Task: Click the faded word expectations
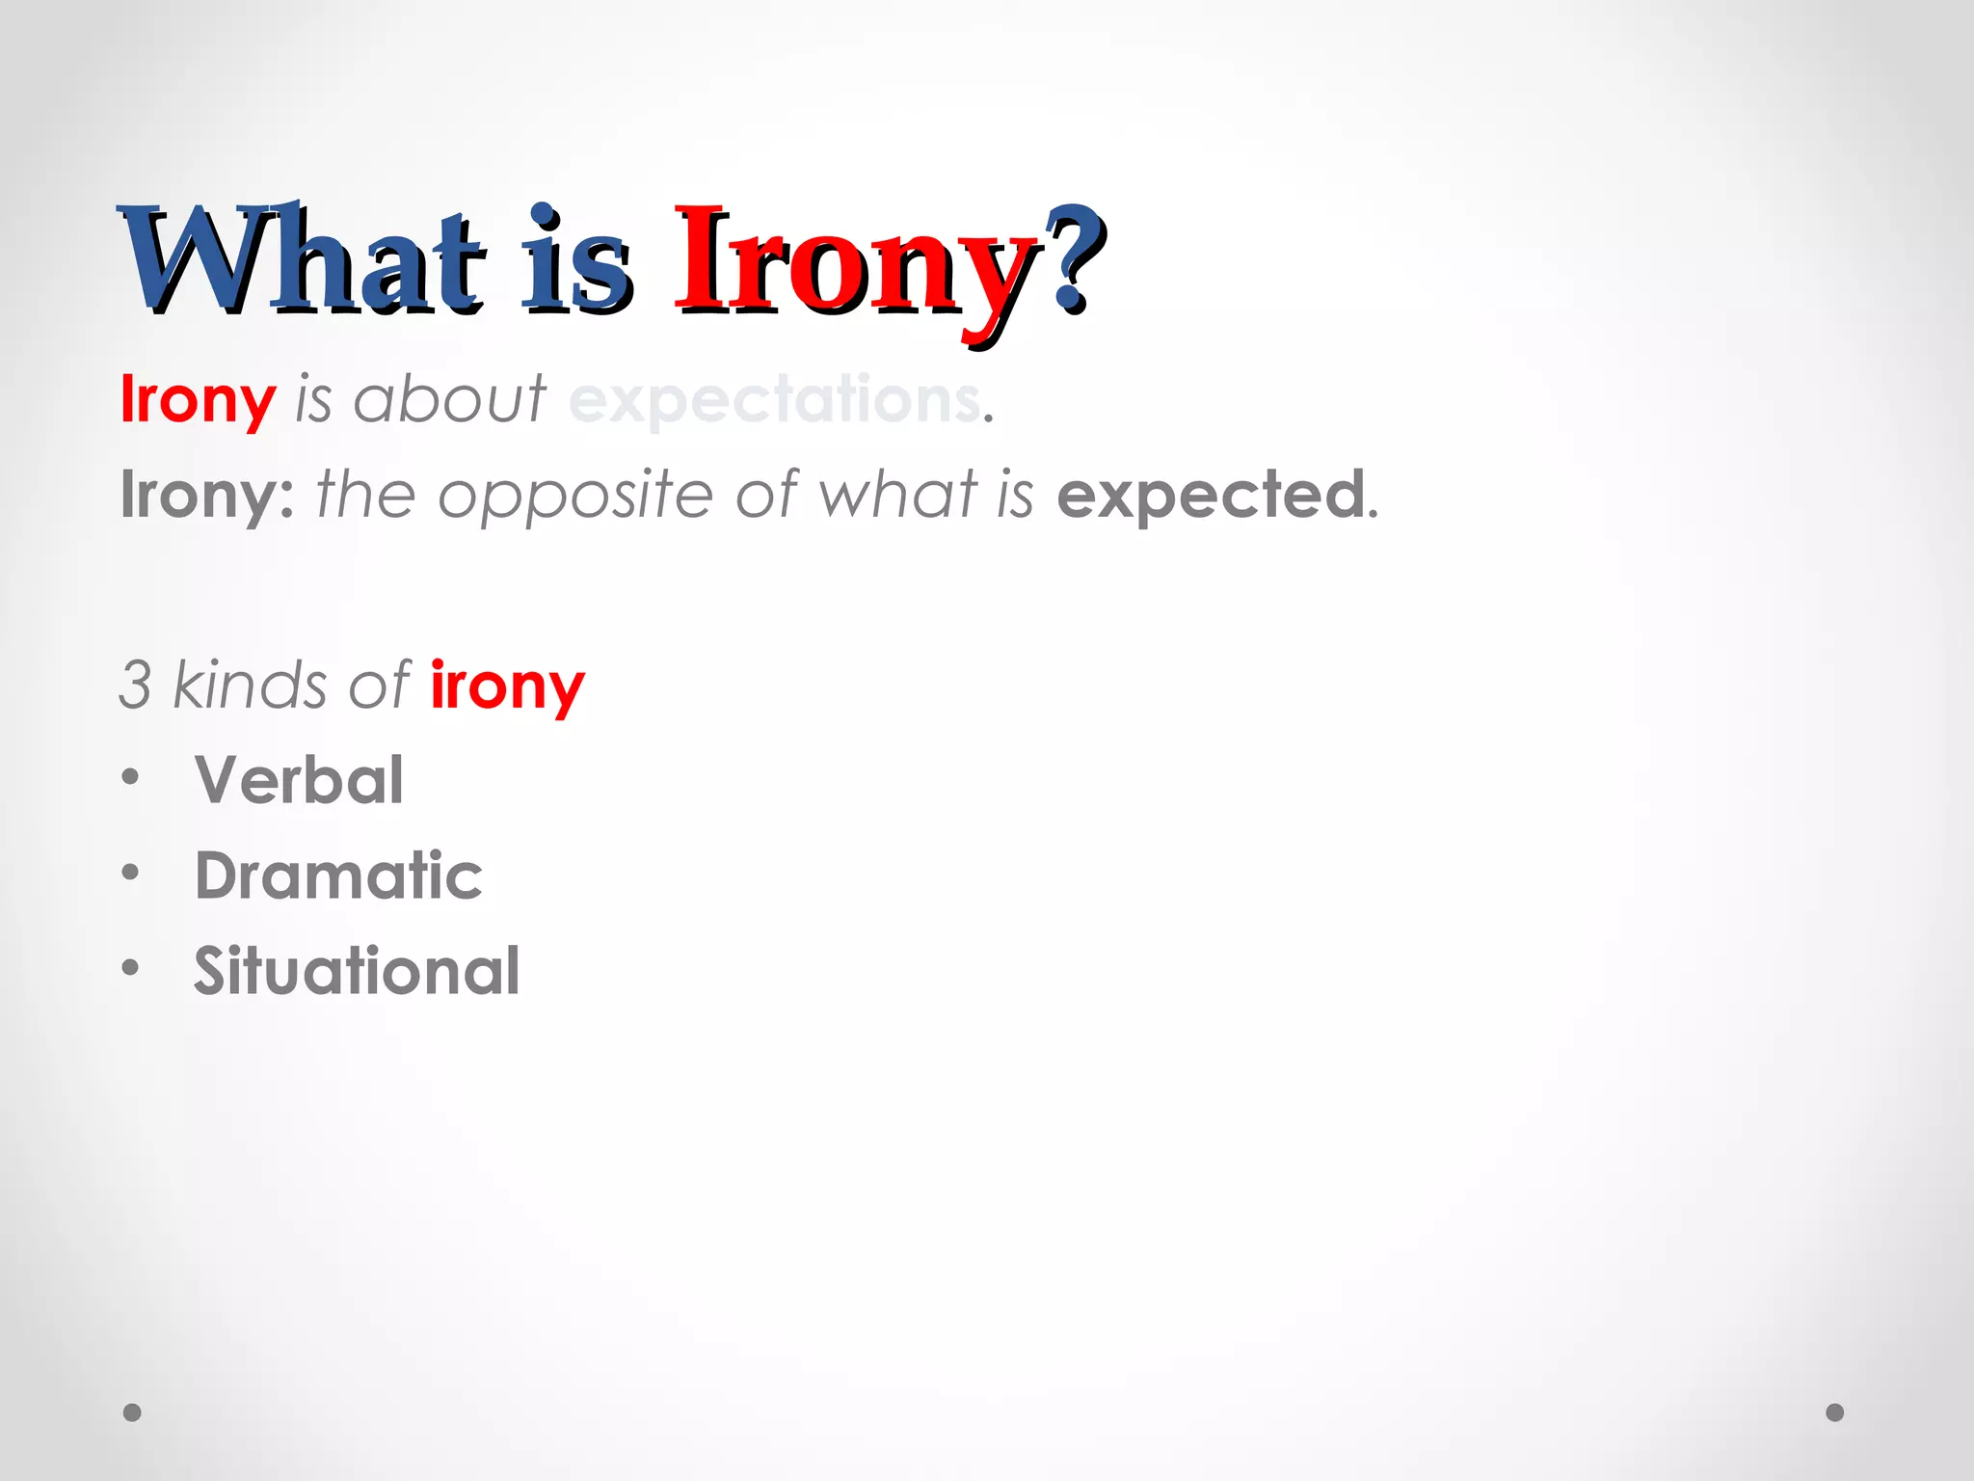click(774, 399)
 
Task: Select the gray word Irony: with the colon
click(207, 495)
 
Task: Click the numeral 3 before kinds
click(135, 685)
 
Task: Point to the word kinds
click(250, 685)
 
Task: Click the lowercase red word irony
click(507, 687)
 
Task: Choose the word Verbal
click(299, 779)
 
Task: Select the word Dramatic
click(338, 875)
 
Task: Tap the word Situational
click(357, 970)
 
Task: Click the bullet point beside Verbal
click(131, 777)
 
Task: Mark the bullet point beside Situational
click(131, 967)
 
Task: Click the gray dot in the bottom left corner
click(132, 1413)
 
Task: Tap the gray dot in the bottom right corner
click(1835, 1413)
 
